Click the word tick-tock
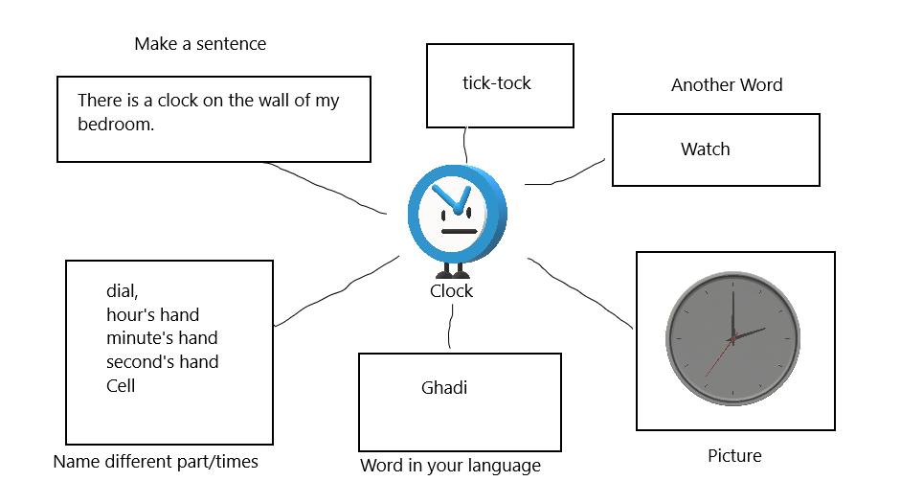click(496, 83)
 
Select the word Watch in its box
click(705, 149)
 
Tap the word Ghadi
click(444, 388)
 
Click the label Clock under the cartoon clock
click(451, 291)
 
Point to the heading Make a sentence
click(200, 44)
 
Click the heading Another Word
click(727, 85)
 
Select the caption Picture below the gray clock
click(734, 456)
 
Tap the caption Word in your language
click(450, 467)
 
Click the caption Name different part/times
click(155, 462)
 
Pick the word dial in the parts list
click(123, 291)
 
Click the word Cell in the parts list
click(121, 386)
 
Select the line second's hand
click(162, 362)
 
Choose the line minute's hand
click(162, 338)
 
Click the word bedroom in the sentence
click(115, 125)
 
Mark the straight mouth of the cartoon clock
click(459, 231)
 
